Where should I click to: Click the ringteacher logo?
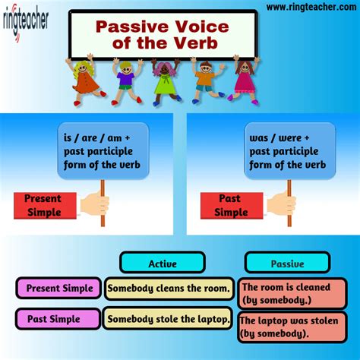pyautogui.click(x=25, y=21)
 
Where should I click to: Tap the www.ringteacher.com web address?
pyautogui.click(x=311, y=7)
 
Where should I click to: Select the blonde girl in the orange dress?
pyautogui.click(x=85, y=80)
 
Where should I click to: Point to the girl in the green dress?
pyautogui.click(x=166, y=81)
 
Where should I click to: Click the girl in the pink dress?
pyautogui.click(x=245, y=80)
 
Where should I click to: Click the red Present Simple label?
pyautogui.click(x=45, y=206)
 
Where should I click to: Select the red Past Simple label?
pyautogui.click(x=232, y=206)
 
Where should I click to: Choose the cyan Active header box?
pyautogui.click(x=163, y=263)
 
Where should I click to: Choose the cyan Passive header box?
pyautogui.click(x=287, y=263)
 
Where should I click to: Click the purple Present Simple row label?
pyautogui.click(x=58, y=288)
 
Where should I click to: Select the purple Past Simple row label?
pyautogui.click(x=58, y=319)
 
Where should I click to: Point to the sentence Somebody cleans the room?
pyautogui.click(x=169, y=289)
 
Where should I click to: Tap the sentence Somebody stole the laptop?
pyautogui.click(x=169, y=319)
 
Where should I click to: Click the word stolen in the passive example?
pyautogui.click(x=324, y=321)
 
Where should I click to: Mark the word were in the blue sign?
pyautogui.click(x=290, y=138)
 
